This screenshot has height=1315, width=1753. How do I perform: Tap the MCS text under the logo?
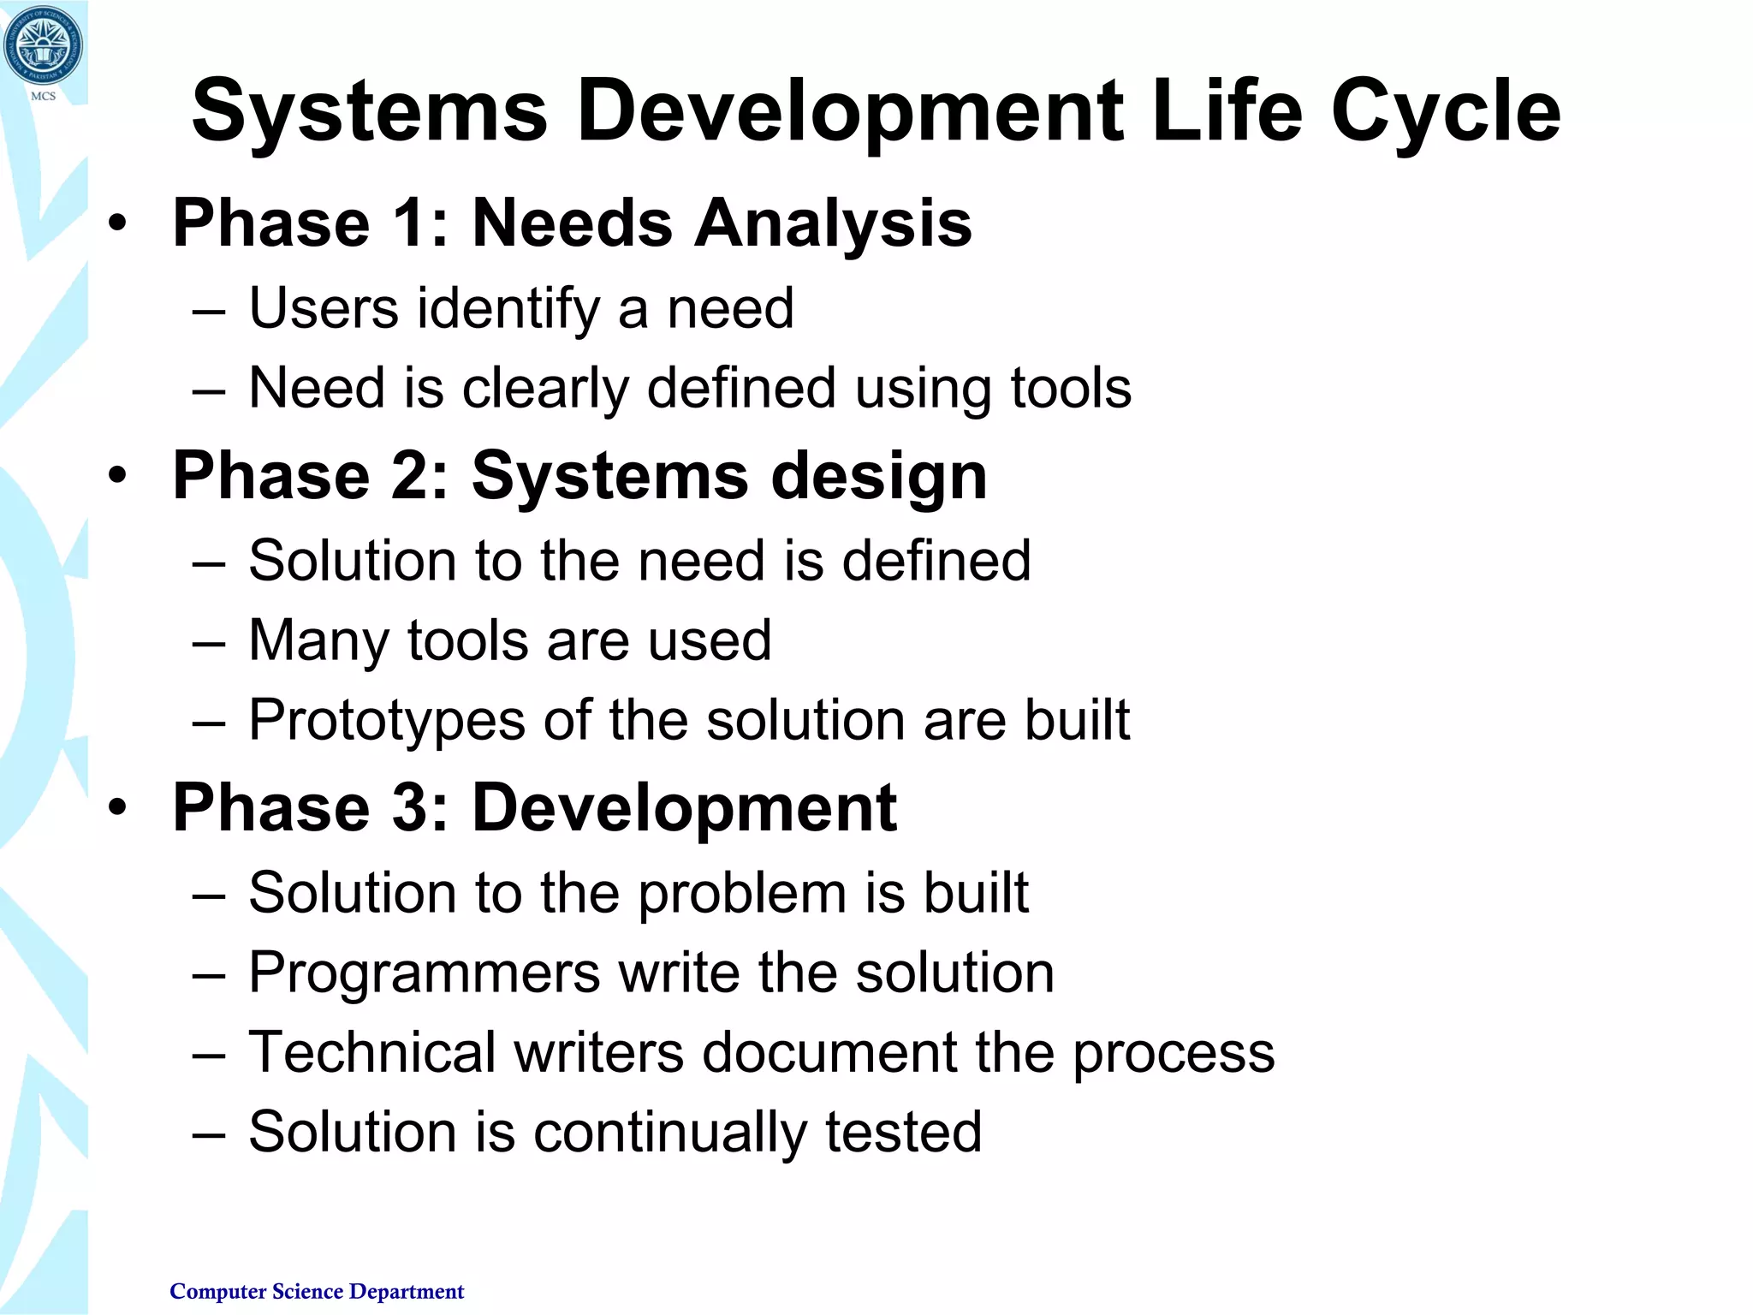pos(43,96)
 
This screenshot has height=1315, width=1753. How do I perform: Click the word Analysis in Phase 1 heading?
pos(832,224)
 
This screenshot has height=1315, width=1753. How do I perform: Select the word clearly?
pos(545,389)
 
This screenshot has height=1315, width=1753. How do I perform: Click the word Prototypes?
pos(386,720)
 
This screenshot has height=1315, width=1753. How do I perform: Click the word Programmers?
pos(425,973)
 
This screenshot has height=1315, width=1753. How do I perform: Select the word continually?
pos(670,1133)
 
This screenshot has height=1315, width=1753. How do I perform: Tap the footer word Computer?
pos(218,1291)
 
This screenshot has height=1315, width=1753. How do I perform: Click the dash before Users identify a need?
pos(209,312)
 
